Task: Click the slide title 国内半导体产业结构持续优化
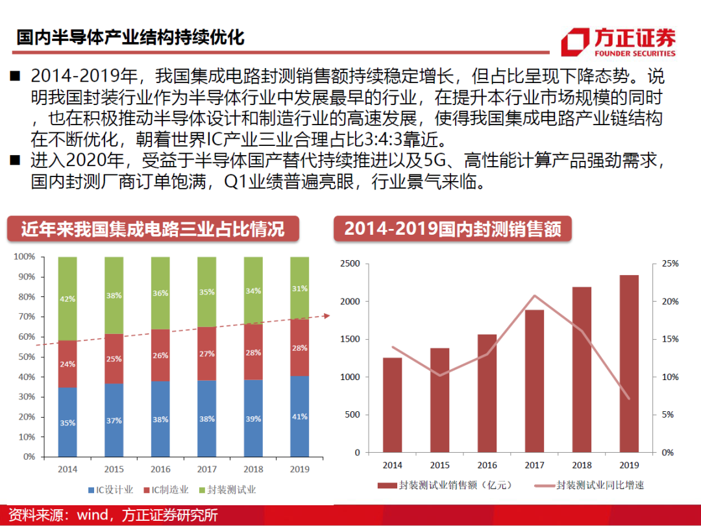(130, 37)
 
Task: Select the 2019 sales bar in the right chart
(628, 363)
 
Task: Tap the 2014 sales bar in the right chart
(392, 405)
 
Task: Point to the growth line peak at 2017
(534, 296)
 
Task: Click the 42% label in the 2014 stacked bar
(68, 299)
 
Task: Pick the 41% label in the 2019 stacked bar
(299, 416)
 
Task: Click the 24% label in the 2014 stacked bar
(68, 365)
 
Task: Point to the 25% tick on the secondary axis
(669, 264)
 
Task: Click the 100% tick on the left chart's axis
(24, 257)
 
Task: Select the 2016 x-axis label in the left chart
(160, 469)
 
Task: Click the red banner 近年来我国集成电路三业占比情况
(153, 229)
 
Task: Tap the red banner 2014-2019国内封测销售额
(452, 229)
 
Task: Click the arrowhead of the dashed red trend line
(326, 316)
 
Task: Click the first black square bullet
(15, 77)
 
